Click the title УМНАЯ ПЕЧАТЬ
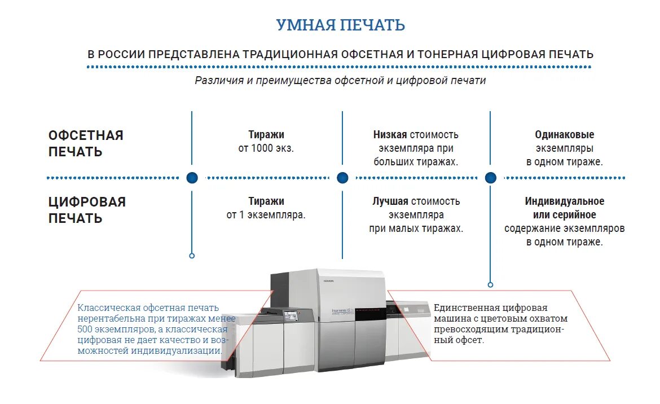340,25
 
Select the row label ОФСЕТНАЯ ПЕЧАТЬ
86,143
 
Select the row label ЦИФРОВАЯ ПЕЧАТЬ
87,210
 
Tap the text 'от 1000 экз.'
266,148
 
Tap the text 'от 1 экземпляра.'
266,215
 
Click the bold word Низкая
390,135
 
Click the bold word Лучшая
390,201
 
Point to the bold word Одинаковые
564,135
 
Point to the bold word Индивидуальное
564,201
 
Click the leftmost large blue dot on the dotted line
192,178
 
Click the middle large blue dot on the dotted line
342,178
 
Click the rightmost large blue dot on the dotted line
490,178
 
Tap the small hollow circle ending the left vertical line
192,256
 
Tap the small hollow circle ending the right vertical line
490,285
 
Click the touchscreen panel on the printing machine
291,317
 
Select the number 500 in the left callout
86,329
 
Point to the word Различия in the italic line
218,80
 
